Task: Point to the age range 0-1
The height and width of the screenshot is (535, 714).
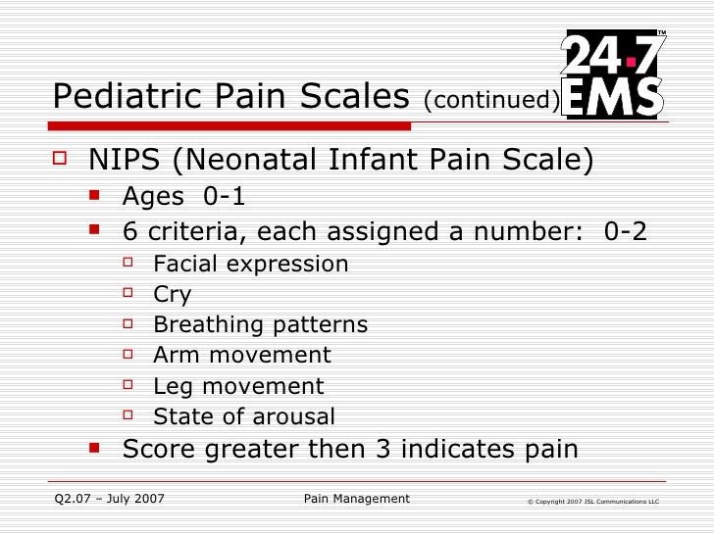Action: (x=225, y=197)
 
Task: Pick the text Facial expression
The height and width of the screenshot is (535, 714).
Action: (x=251, y=265)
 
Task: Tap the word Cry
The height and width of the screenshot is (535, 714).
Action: (x=173, y=295)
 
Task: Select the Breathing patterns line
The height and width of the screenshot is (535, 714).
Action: (x=261, y=325)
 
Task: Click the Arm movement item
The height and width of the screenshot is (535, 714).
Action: (x=242, y=356)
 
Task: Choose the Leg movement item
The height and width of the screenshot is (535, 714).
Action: (x=238, y=387)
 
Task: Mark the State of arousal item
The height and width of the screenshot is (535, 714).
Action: (x=244, y=417)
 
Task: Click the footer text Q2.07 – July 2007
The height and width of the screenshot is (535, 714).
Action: (x=110, y=500)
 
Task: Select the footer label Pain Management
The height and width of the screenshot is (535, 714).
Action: (x=357, y=500)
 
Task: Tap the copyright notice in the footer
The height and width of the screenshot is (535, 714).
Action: (x=592, y=502)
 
